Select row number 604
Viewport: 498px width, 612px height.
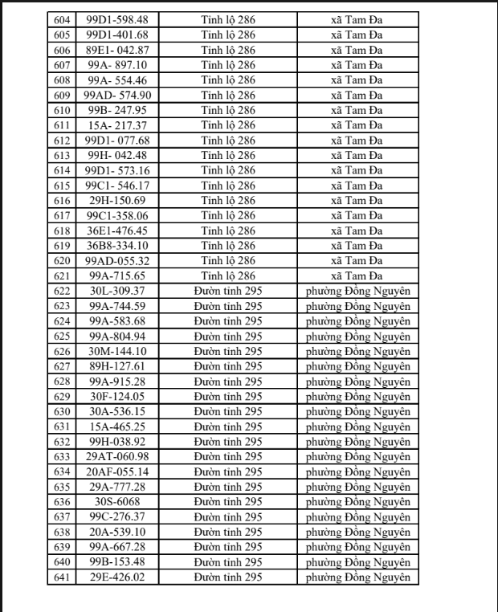click(62, 19)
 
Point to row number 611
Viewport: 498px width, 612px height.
click(62, 125)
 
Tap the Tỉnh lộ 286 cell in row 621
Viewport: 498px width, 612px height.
click(228, 275)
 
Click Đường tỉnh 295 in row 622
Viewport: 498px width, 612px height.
click(228, 291)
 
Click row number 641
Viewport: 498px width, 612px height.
click(62, 577)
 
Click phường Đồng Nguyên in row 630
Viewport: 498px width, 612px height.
click(358, 411)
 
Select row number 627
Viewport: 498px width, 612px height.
click(62, 366)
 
